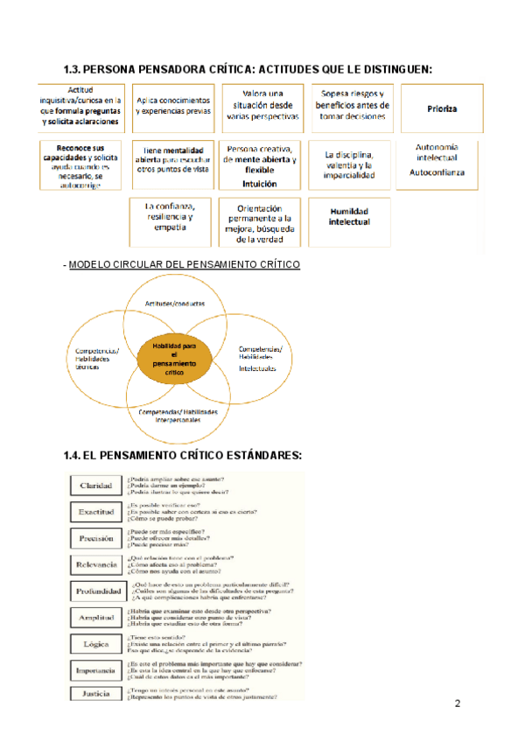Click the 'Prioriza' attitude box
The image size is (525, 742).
click(442, 108)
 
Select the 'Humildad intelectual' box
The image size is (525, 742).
click(349, 217)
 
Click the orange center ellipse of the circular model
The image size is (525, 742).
click(175, 358)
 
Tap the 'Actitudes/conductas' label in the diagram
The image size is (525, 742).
click(175, 303)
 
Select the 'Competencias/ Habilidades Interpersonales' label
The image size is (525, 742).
click(178, 416)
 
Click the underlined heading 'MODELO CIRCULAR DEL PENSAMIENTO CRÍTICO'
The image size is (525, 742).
click(184, 264)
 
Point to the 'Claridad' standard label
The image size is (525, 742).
click(94, 486)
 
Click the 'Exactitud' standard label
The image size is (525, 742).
click(94, 512)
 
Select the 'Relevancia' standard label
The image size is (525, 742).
click(95, 565)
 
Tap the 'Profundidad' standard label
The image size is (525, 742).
click(96, 591)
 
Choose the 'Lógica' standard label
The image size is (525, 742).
click(94, 644)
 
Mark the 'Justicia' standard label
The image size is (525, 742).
click(94, 693)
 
